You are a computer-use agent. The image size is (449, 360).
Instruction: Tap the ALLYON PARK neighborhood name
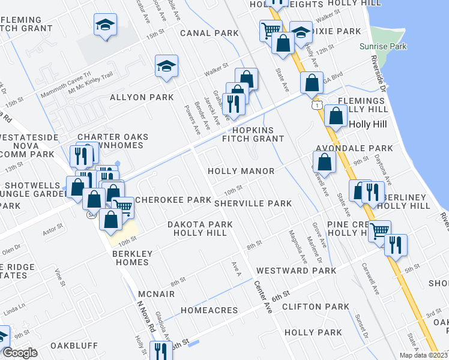coord(142,97)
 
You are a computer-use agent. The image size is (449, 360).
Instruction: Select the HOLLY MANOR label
coord(241,171)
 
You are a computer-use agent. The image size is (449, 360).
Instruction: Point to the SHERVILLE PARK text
coord(253,203)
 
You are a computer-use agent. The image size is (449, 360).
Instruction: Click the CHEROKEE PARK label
coord(173,199)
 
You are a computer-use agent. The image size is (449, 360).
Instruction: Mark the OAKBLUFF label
coord(74,346)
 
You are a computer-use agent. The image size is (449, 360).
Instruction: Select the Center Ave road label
coord(264,297)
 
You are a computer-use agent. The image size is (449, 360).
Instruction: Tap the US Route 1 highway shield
coord(315,105)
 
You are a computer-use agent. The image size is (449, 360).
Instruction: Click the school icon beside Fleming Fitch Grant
coord(106,25)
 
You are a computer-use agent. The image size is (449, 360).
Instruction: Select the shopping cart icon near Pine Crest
coord(379,230)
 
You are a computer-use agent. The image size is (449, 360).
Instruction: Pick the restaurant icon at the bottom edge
coord(160,350)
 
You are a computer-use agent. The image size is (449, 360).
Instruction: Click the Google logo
coord(20,353)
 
